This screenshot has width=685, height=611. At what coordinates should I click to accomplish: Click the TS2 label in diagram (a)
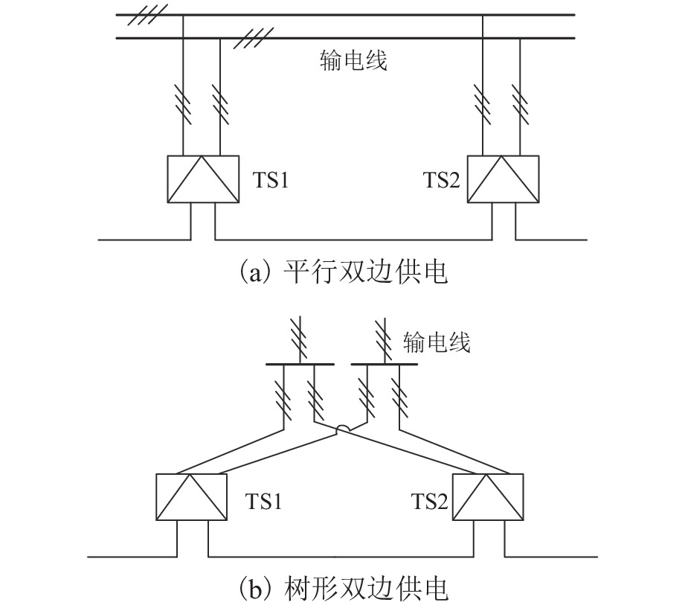pos(441,181)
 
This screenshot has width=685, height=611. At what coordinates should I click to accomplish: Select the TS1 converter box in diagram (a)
pos(203,179)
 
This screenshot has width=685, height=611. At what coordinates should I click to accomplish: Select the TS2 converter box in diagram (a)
pos(503,179)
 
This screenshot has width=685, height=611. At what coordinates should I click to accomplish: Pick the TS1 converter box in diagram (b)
pos(192,497)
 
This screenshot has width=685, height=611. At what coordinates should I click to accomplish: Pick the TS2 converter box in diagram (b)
pos(489,497)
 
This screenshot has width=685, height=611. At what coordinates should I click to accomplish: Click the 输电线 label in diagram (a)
pos(353,60)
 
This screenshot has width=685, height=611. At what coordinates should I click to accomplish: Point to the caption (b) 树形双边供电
pos(343,590)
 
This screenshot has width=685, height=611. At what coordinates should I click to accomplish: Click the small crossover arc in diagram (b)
pos(343,428)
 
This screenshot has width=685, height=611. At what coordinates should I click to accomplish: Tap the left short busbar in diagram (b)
pos(300,364)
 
